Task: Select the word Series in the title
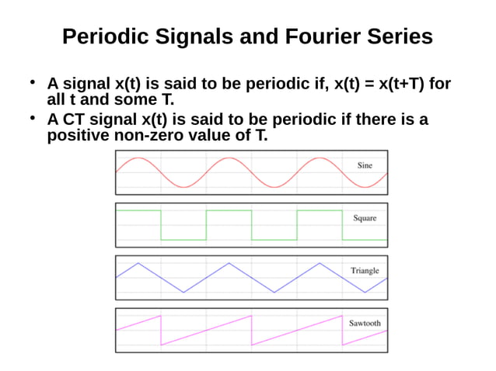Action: coord(394,36)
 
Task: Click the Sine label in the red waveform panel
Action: coord(365,165)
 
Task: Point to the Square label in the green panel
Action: coord(365,218)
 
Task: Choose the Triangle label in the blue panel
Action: coord(365,271)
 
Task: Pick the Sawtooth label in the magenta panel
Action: coord(365,323)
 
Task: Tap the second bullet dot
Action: coord(33,117)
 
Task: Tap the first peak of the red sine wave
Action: coord(138,158)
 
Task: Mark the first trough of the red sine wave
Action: coord(183,186)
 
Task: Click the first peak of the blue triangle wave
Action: coord(138,263)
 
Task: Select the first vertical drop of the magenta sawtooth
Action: coord(161,329)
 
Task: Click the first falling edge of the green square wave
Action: coord(161,225)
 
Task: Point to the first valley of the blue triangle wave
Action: coord(183,292)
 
